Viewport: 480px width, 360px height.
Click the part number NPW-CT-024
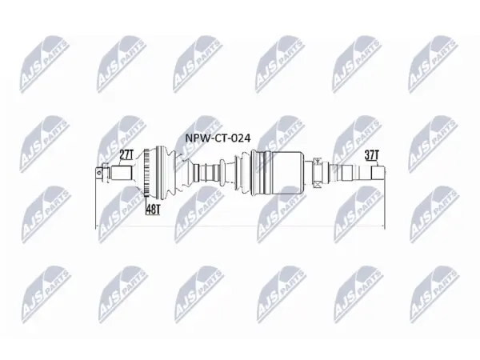(218, 138)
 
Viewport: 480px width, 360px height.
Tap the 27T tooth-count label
(126, 155)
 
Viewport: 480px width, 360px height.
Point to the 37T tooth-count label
(372, 155)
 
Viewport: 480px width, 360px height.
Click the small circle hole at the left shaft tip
(98, 173)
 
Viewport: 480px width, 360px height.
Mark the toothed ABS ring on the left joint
(147, 173)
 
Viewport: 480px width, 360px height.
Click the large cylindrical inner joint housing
(288, 173)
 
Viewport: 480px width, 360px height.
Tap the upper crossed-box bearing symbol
(317, 160)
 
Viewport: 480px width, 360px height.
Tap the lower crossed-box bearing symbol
(317, 185)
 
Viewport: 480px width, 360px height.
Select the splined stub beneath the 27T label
(122, 173)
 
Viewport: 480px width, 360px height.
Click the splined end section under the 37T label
(378, 173)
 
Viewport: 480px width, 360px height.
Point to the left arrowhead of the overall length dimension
(98, 226)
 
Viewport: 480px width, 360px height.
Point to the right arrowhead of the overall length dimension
(382, 226)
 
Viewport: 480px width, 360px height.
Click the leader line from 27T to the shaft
(119, 162)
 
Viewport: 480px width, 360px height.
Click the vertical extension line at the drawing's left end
(96, 199)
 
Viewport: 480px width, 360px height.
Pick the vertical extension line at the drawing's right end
(385, 199)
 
